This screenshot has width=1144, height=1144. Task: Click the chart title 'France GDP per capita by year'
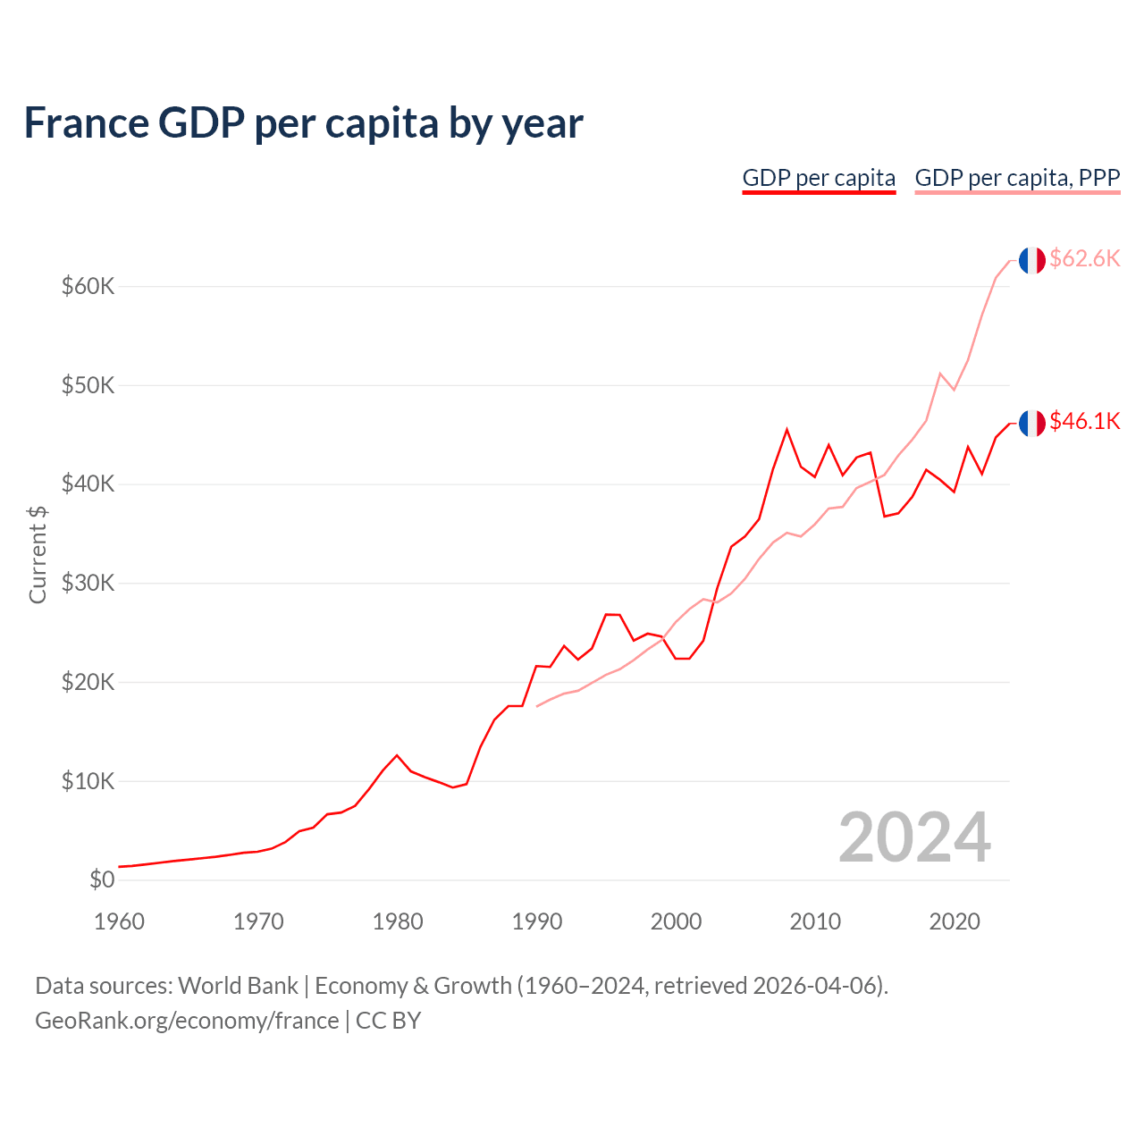click(x=303, y=123)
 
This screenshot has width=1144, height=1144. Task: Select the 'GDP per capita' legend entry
click(x=819, y=178)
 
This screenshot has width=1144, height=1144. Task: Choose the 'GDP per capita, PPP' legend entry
click(x=1017, y=178)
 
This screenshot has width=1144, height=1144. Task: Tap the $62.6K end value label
click(x=1084, y=259)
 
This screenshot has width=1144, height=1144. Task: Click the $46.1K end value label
click(x=1084, y=421)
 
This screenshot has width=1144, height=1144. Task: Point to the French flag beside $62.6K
click(x=1031, y=260)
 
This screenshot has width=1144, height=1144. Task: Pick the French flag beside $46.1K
click(x=1031, y=423)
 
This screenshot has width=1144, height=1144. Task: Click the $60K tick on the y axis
click(x=88, y=287)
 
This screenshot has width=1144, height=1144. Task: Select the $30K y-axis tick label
click(x=88, y=584)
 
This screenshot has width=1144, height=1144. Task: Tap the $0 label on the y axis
click(x=102, y=880)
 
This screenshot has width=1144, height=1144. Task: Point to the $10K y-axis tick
click(x=88, y=782)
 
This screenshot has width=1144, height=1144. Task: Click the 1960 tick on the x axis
click(x=119, y=921)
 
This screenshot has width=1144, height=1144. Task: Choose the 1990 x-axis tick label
click(x=537, y=921)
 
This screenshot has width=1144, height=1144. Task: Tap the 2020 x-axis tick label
click(x=955, y=921)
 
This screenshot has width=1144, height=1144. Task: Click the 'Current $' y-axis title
click(x=38, y=554)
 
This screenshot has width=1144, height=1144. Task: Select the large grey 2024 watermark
click(x=914, y=838)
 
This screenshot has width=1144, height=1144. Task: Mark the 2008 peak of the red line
click(x=786, y=430)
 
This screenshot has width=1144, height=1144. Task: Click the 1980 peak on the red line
click(x=398, y=755)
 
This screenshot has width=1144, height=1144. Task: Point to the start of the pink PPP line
click(x=537, y=706)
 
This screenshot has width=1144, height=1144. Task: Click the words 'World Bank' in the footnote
click(x=238, y=986)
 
